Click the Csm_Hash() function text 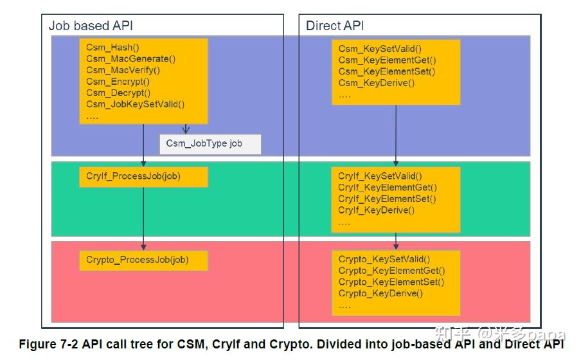click(x=112, y=48)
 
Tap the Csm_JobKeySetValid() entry click(x=135, y=104)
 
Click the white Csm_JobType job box click(x=210, y=143)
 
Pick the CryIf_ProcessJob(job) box click(x=143, y=176)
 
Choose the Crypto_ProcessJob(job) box click(x=143, y=260)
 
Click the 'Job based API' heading click(x=91, y=26)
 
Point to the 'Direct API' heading click(x=334, y=26)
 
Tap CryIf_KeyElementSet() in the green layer click(x=387, y=199)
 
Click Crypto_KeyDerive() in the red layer click(x=380, y=293)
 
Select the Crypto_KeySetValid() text click(x=384, y=259)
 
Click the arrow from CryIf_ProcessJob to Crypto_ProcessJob click(x=143, y=219)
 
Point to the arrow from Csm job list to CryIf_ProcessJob click(x=143, y=145)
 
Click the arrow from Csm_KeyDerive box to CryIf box click(x=395, y=135)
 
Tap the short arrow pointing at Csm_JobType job click(x=186, y=129)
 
